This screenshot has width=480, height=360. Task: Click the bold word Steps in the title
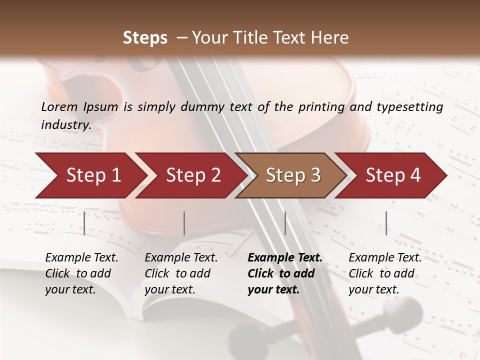[145, 38]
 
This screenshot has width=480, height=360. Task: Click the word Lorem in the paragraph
[59, 106]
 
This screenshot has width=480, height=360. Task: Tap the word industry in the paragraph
[65, 125]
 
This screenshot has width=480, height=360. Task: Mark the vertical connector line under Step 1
[84, 223]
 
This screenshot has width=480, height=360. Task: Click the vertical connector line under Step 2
[184, 223]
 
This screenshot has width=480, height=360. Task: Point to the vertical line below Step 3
[285, 223]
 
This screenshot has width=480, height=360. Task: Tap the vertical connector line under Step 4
[386, 223]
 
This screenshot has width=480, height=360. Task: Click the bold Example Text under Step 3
[285, 258]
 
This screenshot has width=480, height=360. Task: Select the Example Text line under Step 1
[81, 258]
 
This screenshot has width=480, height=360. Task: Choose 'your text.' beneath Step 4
[374, 289]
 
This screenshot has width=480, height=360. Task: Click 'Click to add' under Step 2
[177, 274]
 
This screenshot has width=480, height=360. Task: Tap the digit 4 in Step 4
[415, 175]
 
